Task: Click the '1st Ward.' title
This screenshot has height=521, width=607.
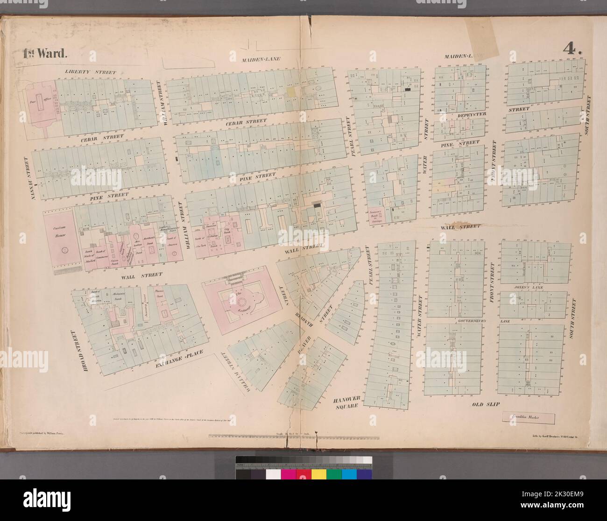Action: [x=45, y=52]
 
